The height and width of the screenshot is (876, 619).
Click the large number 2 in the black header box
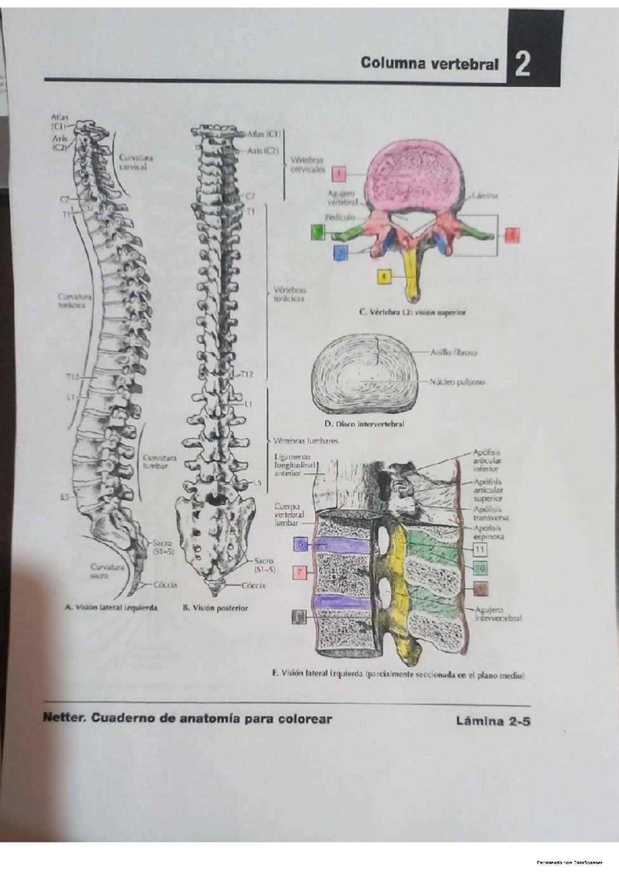pyautogui.click(x=523, y=65)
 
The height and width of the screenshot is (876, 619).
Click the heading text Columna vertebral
pyautogui.click(x=429, y=64)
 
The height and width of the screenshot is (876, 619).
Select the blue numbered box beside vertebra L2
pyautogui.click(x=340, y=253)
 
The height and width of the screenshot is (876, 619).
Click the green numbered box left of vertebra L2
pyautogui.click(x=318, y=233)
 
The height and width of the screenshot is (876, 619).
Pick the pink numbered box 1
pyautogui.click(x=338, y=174)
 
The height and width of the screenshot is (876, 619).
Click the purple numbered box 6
pyautogui.click(x=301, y=544)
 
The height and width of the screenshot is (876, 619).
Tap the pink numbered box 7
pyautogui.click(x=300, y=572)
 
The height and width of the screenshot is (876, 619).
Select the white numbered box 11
pyautogui.click(x=480, y=549)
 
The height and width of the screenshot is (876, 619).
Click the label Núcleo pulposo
pyautogui.click(x=457, y=382)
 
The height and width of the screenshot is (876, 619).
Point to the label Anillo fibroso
pyautogui.click(x=454, y=353)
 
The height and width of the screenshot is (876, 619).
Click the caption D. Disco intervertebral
pyautogui.click(x=364, y=424)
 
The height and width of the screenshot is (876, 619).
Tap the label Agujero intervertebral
pyautogui.click(x=498, y=614)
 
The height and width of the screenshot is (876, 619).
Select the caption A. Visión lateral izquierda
pyautogui.click(x=111, y=608)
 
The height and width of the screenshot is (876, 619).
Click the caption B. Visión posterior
pyautogui.click(x=215, y=608)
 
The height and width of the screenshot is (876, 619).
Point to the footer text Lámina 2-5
pyautogui.click(x=493, y=721)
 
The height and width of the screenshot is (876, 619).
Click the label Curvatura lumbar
pyautogui.click(x=159, y=462)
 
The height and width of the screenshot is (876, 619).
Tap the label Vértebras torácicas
pyautogui.click(x=289, y=294)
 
